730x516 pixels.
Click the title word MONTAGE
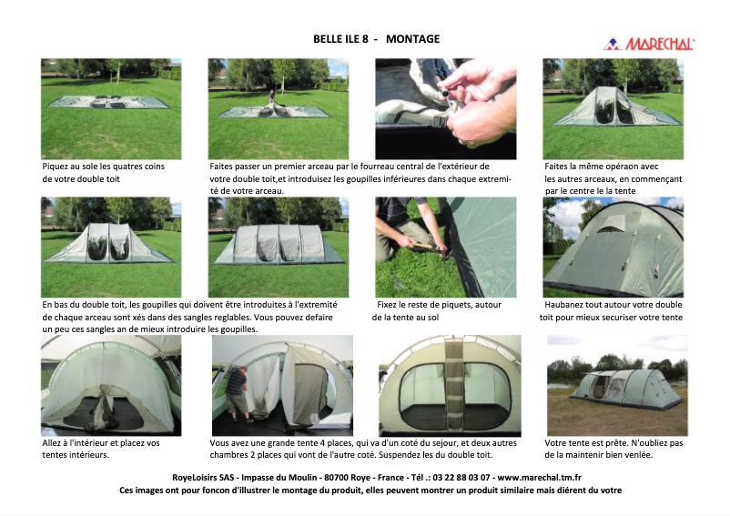(x=412, y=39)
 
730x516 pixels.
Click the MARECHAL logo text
(x=662, y=44)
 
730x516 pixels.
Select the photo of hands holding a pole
(x=445, y=108)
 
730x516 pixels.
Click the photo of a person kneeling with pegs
(x=445, y=247)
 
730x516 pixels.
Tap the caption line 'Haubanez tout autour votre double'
(x=613, y=305)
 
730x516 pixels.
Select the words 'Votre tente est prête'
(x=587, y=442)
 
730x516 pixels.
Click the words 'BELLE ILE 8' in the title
(x=340, y=39)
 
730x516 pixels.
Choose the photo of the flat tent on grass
(x=111, y=108)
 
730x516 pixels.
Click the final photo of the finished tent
(x=616, y=385)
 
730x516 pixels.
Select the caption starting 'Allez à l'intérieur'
(x=101, y=442)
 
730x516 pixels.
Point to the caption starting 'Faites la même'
(x=601, y=167)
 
